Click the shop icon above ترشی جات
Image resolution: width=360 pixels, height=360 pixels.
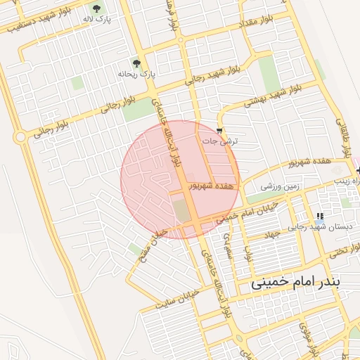pos(221,131)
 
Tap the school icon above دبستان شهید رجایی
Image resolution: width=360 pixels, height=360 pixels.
pos(320,217)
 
